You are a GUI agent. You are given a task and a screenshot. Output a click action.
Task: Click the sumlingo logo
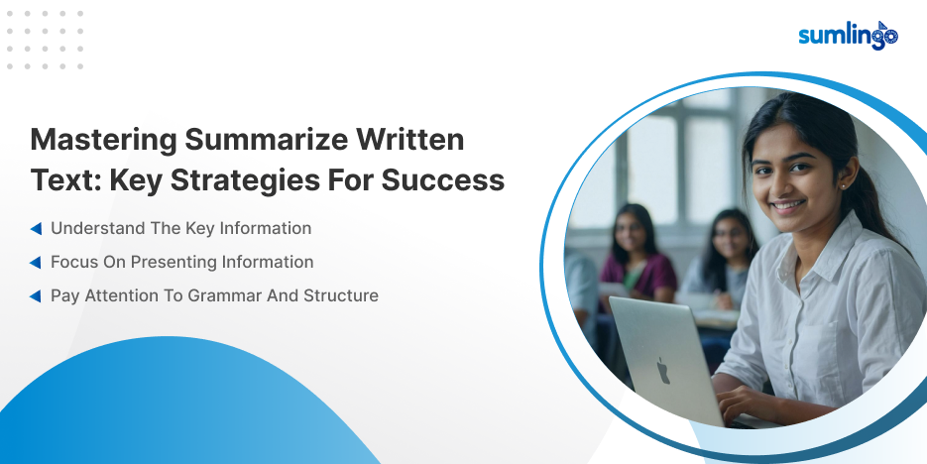click(848, 36)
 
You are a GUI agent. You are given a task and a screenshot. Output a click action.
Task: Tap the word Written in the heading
click(409, 140)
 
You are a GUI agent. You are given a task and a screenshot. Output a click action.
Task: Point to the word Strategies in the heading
click(245, 181)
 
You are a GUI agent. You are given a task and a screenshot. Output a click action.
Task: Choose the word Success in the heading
click(443, 180)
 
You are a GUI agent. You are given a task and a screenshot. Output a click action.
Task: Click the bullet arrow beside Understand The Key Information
click(36, 229)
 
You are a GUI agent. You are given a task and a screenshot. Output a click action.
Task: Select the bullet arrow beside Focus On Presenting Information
click(36, 263)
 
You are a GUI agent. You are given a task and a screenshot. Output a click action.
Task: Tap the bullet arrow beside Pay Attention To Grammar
click(36, 296)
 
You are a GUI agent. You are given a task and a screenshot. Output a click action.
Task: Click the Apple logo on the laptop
click(662, 371)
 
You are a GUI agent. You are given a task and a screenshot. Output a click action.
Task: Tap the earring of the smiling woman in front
click(841, 186)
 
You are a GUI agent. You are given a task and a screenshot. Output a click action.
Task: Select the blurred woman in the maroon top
click(637, 253)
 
